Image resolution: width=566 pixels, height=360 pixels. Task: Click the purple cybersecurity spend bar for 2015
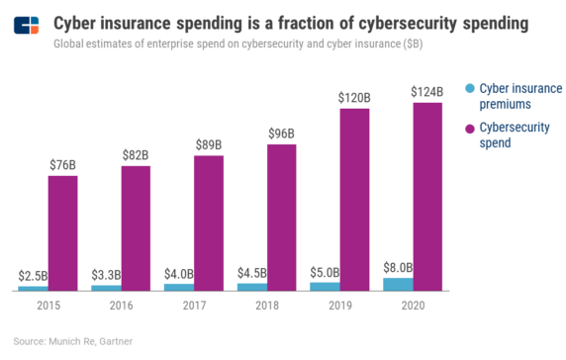(x=62, y=232)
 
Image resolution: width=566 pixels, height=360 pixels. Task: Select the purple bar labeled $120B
(x=354, y=199)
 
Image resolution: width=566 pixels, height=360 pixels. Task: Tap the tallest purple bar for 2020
(x=427, y=196)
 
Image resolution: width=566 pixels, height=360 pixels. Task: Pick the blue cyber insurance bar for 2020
(x=398, y=284)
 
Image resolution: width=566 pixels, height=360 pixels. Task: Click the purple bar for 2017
(x=209, y=223)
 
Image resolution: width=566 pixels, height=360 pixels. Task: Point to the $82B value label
(x=136, y=154)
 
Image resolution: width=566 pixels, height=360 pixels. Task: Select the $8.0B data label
(x=398, y=267)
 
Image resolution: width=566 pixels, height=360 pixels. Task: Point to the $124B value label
(x=427, y=92)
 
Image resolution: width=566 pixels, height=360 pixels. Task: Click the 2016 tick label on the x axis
(x=121, y=307)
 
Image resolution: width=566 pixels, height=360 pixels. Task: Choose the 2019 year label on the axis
(x=339, y=307)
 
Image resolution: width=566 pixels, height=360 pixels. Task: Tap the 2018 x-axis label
(x=266, y=307)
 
